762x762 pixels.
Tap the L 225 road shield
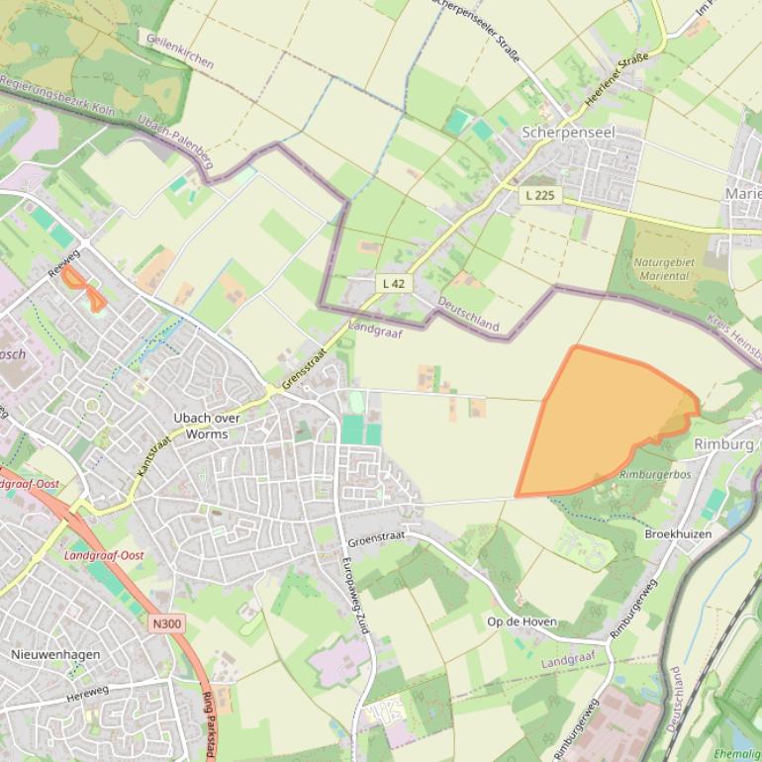coord(540,195)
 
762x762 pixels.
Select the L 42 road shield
coord(393,283)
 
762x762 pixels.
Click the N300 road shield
coord(167,623)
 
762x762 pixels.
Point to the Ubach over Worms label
coord(207,426)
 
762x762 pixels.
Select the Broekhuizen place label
coord(678,533)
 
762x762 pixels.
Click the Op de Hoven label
coord(522,621)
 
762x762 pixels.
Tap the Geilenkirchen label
coord(179,49)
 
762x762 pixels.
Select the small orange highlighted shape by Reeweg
coord(84,287)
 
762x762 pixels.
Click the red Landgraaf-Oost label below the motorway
coord(103,555)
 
